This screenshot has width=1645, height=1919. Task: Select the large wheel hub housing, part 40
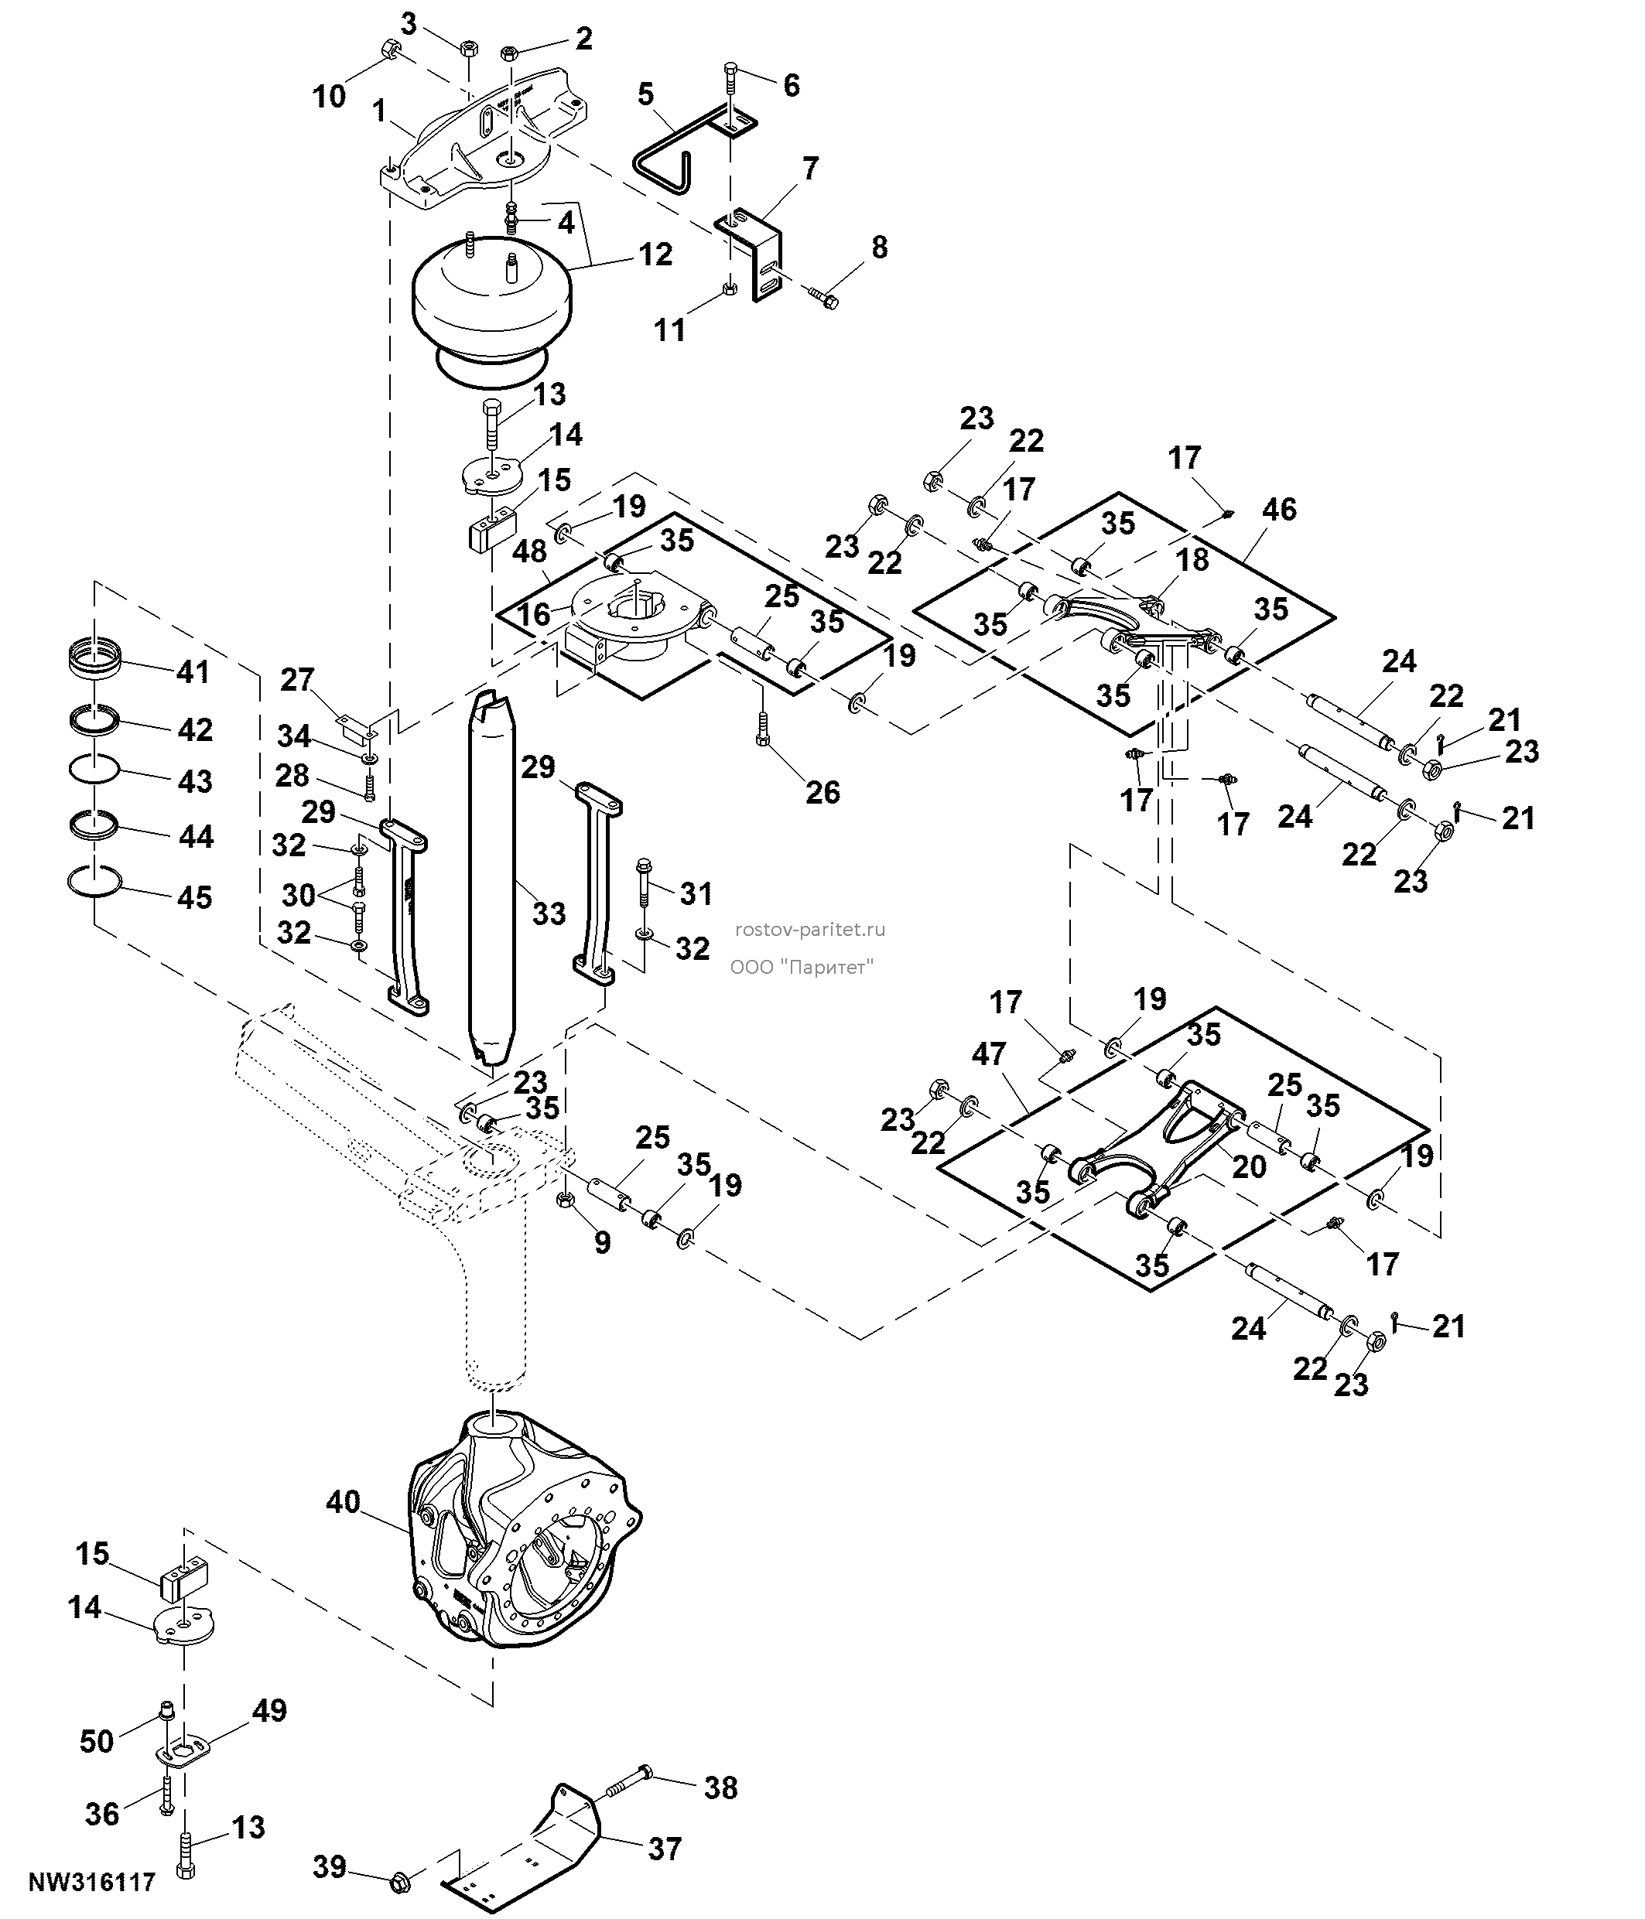[525, 1542]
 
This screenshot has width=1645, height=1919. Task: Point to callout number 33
[549, 913]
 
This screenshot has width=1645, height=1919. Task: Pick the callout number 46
[1279, 510]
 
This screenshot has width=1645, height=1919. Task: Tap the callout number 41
[193, 671]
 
